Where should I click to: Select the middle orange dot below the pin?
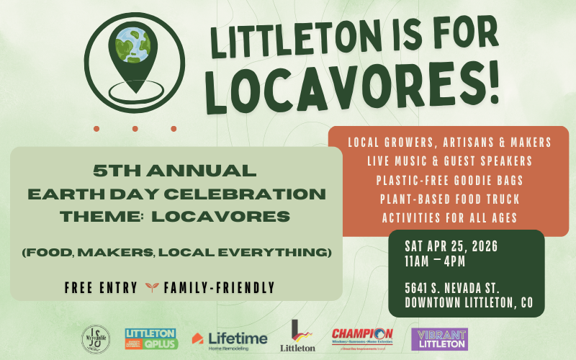tap(135, 129)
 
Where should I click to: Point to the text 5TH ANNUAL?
tap(175, 171)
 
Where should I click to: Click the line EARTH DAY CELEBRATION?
tap(175, 194)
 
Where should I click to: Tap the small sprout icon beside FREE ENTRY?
tap(150, 287)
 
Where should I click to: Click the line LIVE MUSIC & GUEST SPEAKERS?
tap(449, 160)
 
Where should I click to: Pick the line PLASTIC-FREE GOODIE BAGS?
tap(449, 179)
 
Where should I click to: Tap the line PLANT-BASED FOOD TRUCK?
tap(449, 199)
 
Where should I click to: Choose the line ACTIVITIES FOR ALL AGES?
tap(449, 218)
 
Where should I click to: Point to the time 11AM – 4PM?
tap(435, 261)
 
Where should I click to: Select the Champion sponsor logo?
tap(362, 338)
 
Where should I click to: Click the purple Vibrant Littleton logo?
tap(439, 338)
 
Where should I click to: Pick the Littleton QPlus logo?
tap(150, 338)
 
